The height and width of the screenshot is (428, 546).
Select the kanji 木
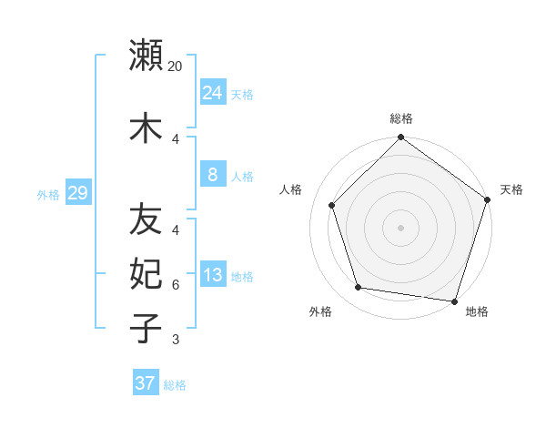point(146,127)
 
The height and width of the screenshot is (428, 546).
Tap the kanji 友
point(146,219)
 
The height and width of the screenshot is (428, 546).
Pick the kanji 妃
point(146,272)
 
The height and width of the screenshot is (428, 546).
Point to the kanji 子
point(146,327)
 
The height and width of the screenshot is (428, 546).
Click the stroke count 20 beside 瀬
point(176,66)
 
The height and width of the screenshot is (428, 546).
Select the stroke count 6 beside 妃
point(176,285)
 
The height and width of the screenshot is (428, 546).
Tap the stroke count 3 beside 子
point(176,340)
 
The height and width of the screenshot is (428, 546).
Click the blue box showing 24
point(212,93)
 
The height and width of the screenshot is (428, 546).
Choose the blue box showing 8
point(212,175)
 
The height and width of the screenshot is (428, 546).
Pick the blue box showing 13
point(212,275)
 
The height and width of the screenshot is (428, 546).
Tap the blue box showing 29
point(77,193)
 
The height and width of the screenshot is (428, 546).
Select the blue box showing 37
point(145,383)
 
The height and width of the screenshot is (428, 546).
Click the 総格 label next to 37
point(175,385)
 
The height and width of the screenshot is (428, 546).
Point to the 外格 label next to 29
point(48,194)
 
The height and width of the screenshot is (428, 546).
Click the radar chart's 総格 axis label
point(400,119)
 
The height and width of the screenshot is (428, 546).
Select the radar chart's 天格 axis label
point(511,189)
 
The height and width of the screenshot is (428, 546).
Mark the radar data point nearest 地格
point(454,301)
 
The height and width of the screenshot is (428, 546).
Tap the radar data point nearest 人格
point(332,205)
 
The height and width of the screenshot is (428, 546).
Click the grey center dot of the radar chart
point(400,227)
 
